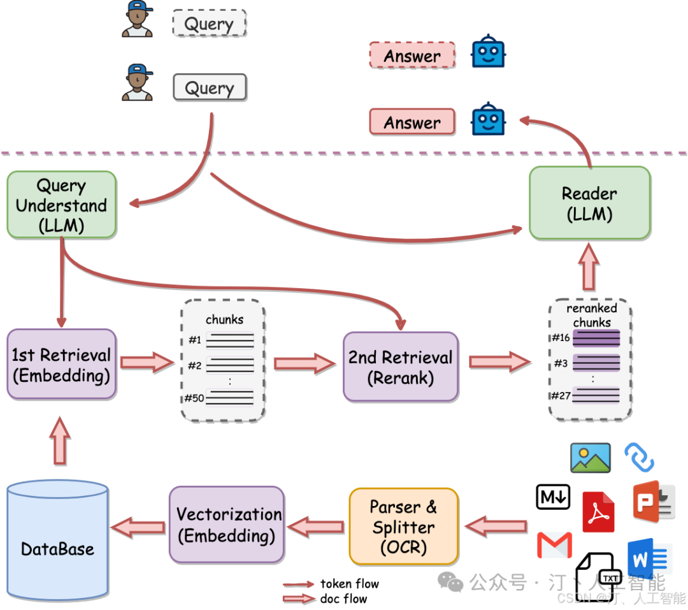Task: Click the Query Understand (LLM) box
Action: [x=62, y=205]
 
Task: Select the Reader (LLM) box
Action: [x=589, y=203]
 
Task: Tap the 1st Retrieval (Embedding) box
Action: [x=62, y=365]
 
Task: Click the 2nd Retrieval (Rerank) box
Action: [x=400, y=367]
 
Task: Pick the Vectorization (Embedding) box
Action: [x=226, y=525]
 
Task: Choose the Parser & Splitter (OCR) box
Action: [x=404, y=526]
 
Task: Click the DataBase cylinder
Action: [x=57, y=542]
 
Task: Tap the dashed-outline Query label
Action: [x=209, y=24]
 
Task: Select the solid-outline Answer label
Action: [x=412, y=122]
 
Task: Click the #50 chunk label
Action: [x=194, y=398]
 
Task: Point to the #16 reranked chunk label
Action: [x=560, y=338]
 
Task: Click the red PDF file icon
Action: [x=598, y=512]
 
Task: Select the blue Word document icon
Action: [x=649, y=558]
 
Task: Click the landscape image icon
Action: [x=590, y=458]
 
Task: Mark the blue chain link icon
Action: [x=639, y=457]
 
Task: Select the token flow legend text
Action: [x=349, y=583]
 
